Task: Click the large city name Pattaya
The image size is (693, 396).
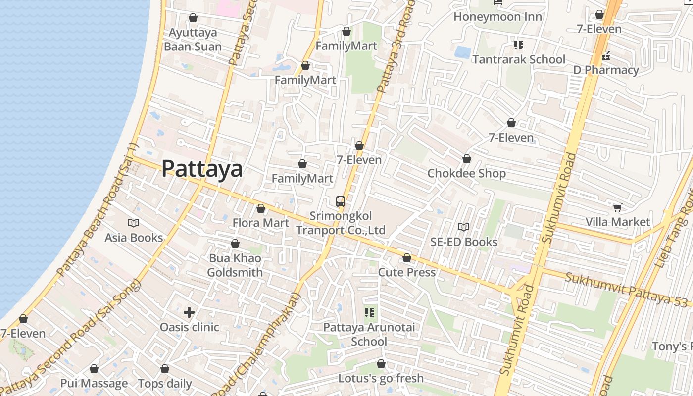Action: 202,169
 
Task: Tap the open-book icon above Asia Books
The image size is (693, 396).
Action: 134,223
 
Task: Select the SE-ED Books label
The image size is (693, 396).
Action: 463,242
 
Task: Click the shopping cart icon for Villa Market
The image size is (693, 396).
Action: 617,207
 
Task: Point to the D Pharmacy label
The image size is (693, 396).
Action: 606,70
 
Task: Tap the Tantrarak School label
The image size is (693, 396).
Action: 518,59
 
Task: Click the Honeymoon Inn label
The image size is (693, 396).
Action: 497,17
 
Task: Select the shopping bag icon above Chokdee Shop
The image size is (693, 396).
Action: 466,159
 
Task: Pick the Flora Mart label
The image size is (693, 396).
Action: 261,223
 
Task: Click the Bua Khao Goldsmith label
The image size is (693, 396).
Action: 235,265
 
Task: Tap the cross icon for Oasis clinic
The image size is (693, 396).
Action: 189,312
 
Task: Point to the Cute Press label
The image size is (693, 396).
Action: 407,272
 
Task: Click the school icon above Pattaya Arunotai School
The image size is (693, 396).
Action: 369,312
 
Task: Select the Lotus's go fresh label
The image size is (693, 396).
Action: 381,378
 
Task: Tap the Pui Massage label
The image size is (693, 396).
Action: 94,383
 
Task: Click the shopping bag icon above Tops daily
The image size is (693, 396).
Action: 165,369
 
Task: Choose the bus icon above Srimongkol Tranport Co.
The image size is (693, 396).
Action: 340,201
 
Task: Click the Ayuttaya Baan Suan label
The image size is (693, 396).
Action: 193,40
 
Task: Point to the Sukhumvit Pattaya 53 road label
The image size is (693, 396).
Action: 629,290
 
